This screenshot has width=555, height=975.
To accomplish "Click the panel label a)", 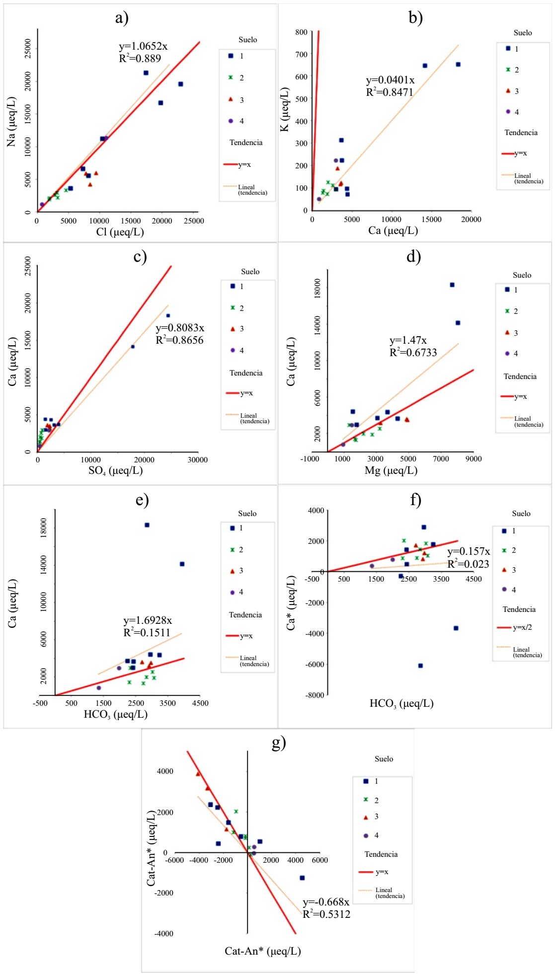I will click(122, 18).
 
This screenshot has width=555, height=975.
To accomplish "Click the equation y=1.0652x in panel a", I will click(143, 47).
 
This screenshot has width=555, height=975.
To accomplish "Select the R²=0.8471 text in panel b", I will click(390, 92).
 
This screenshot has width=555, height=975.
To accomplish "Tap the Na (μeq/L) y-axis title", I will click(11, 122).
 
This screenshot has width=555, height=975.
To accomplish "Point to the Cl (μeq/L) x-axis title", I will click(120, 232).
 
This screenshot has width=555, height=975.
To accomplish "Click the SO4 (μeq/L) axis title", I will click(115, 470).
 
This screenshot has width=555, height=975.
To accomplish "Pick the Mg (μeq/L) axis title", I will click(391, 470).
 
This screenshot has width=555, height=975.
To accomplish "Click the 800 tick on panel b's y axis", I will click(301, 32).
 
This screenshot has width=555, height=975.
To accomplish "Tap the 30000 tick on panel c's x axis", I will click(197, 460).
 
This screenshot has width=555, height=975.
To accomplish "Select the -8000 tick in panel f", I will click(315, 695).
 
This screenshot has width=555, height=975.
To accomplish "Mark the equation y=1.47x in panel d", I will click(408, 340).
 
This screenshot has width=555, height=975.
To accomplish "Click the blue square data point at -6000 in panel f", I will click(420, 666).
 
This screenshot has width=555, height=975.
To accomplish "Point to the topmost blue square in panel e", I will click(147, 525).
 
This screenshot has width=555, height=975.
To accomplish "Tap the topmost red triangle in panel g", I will click(198, 774).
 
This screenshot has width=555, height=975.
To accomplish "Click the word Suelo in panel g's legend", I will click(384, 759).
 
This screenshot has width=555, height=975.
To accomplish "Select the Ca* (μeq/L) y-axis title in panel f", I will click(291, 603).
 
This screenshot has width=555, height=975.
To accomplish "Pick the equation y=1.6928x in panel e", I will click(148, 620).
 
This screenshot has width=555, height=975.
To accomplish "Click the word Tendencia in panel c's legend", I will click(246, 373).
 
